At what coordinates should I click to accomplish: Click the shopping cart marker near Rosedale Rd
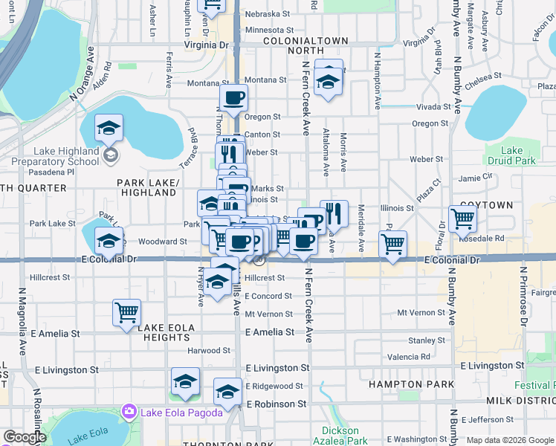[x=462, y=219]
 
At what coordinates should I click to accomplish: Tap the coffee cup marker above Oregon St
[x=233, y=97]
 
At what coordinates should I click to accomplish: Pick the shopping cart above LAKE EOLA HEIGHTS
[x=126, y=312]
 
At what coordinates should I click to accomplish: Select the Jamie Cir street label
[x=476, y=177]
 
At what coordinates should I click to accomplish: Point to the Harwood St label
[x=208, y=350]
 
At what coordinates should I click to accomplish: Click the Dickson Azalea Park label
[x=345, y=436]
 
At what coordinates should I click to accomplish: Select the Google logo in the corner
[x=25, y=437]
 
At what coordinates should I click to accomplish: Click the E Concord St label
[x=268, y=296]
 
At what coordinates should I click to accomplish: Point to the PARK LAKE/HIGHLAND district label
[x=147, y=187]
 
